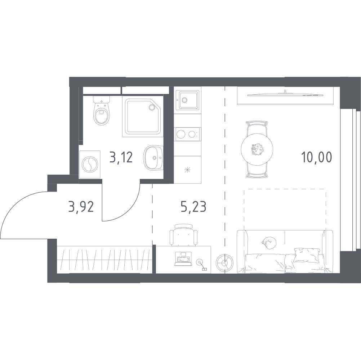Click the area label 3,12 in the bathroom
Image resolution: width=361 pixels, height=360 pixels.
(x=121, y=158)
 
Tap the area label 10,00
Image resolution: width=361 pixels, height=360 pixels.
(x=317, y=157)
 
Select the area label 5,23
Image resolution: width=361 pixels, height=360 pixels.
(x=193, y=206)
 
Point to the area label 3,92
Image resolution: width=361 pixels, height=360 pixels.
(x=81, y=206)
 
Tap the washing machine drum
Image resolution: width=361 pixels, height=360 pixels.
(x=90, y=165)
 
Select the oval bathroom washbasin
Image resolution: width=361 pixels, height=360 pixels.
(x=153, y=158)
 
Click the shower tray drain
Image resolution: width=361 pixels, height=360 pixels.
(x=152, y=107)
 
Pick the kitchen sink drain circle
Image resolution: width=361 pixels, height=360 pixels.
(x=184, y=100)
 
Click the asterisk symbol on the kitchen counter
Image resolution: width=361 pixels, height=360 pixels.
(x=188, y=170)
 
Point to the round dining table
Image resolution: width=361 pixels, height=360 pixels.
(x=257, y=149)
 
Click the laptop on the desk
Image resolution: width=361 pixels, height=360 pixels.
(x=183, y=259)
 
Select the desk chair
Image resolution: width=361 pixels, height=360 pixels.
(x=183, y=235)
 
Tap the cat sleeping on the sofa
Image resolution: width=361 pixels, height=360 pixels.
(x=269, y=243)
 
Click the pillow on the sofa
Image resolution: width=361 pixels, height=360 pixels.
(x=307, y=255)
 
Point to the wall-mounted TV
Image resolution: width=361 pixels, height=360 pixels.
(x=286, y=94)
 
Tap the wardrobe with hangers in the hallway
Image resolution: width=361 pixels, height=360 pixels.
(x=104, y=260)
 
